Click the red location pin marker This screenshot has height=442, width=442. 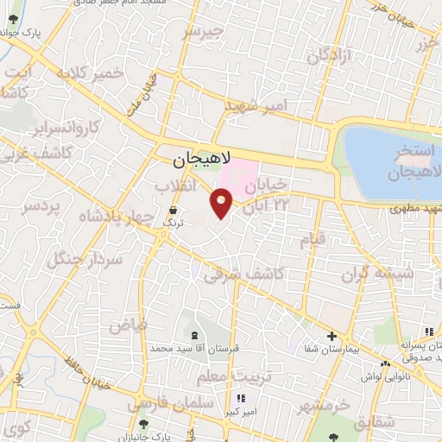(222, 203)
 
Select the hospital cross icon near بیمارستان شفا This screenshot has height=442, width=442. (331, 336)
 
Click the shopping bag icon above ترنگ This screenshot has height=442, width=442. (174, 210)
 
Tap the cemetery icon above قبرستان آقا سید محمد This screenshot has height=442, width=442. (192, 334)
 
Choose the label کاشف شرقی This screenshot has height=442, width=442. (247, 275)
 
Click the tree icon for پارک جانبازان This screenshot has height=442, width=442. (143, 424)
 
